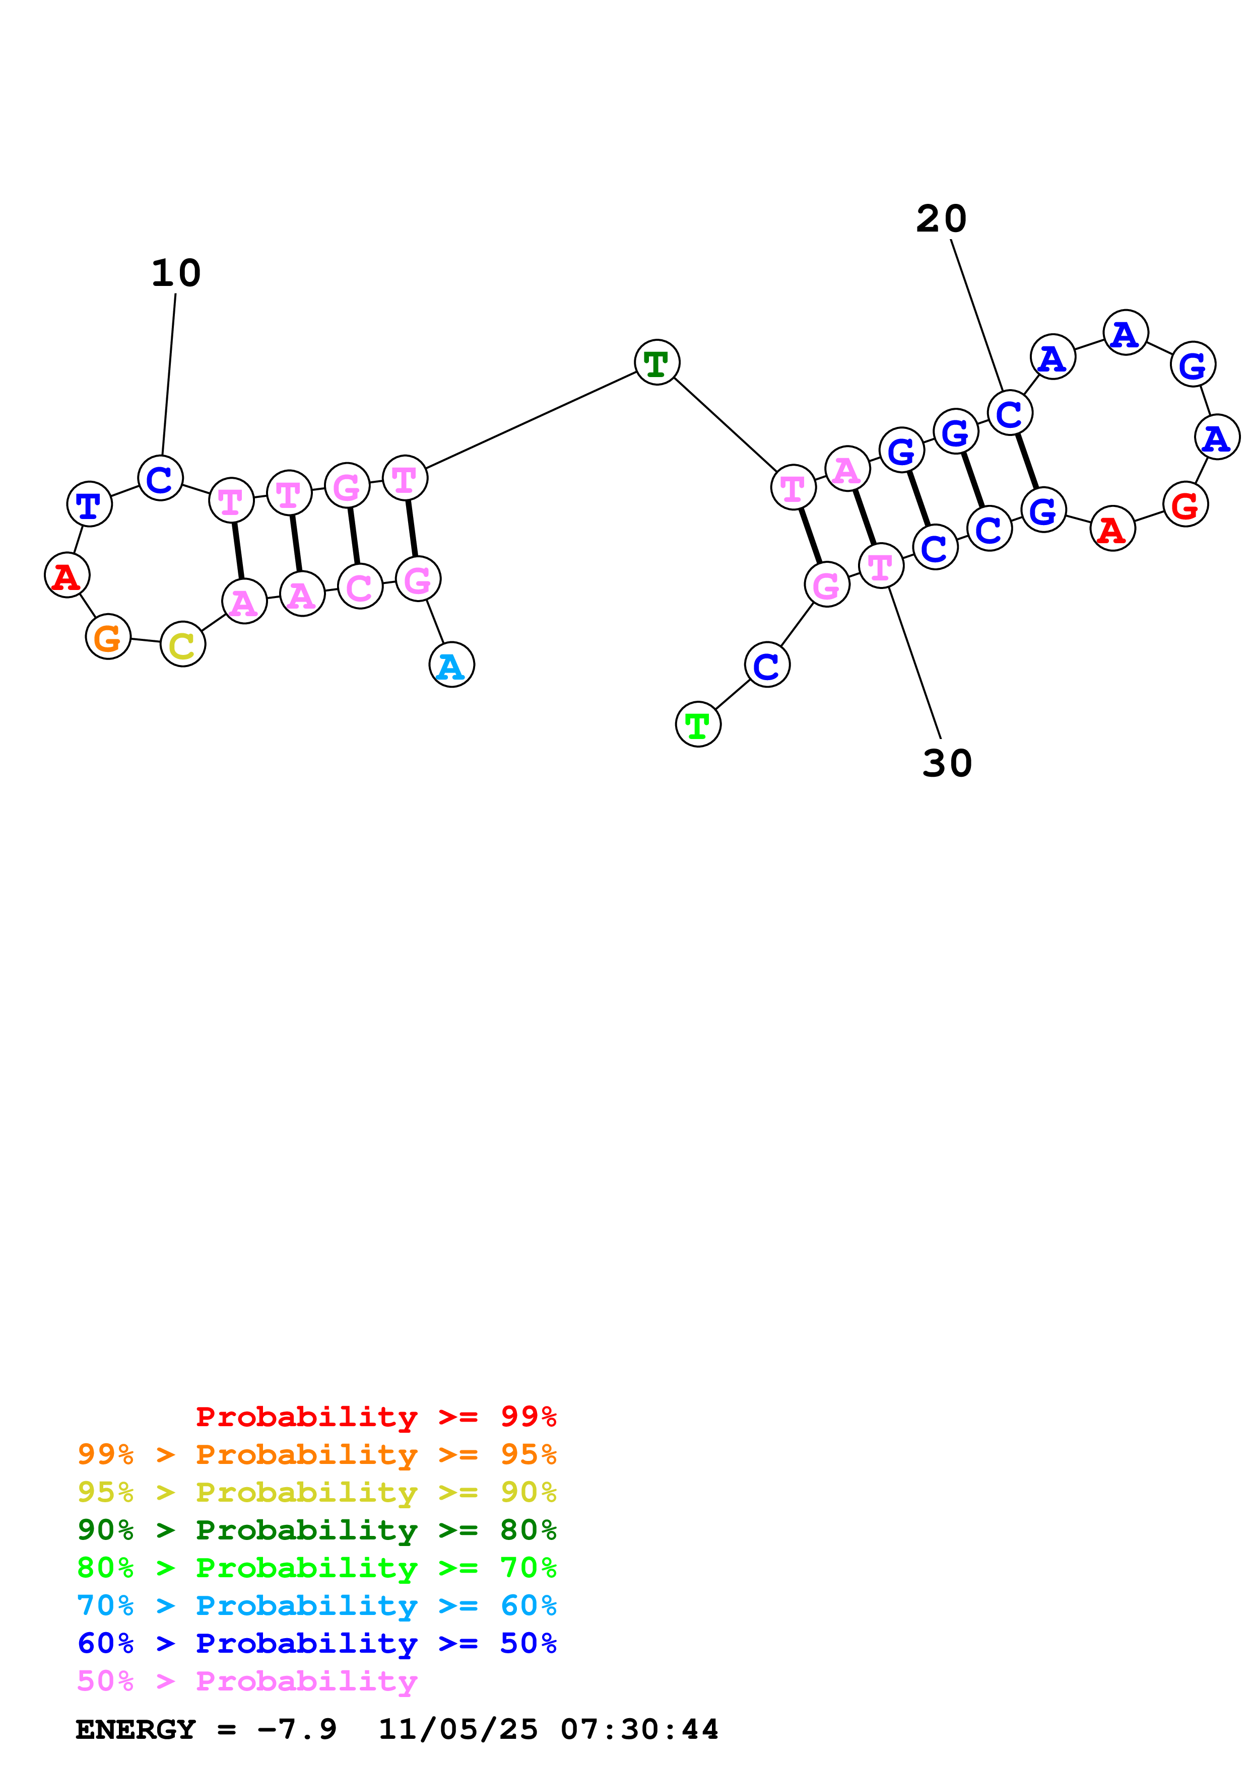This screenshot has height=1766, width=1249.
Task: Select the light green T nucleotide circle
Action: [698, 724]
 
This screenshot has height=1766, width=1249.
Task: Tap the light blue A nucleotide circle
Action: [452, 666]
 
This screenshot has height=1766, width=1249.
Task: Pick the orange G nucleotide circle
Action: [108, 637]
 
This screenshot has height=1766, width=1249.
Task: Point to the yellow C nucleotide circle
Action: [182, 644]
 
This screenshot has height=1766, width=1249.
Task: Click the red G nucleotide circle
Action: [1185, 504]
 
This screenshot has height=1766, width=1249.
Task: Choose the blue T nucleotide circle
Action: [89, 504]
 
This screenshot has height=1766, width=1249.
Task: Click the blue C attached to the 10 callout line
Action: [160, 478]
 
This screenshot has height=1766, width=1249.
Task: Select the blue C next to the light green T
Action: [767, 666]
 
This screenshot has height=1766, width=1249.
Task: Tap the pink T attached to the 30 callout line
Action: [880, 566]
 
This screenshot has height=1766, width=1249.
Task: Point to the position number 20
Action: [941, 219]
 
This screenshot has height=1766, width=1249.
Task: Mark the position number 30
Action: [947, 764]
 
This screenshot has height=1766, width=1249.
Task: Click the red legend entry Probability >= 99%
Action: [375, 1417]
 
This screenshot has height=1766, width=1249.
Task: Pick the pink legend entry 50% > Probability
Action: [247, 1681]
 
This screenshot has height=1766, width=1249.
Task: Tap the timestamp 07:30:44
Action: [639, 1730]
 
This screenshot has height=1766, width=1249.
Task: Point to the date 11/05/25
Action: [458, 1730]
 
